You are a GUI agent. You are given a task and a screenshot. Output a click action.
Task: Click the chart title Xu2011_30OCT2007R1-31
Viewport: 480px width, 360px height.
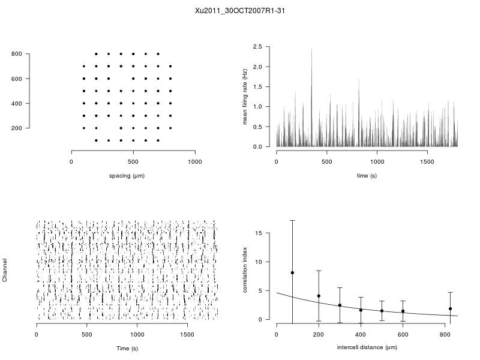(x=239, y=10)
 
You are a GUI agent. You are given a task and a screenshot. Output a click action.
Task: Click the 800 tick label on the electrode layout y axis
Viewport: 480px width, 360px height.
(x=17, y=54)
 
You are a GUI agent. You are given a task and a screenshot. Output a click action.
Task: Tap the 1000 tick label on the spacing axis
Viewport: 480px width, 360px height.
(x=195, y=161)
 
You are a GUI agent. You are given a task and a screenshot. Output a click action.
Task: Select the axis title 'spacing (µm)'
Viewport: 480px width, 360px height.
(x=127, y=176)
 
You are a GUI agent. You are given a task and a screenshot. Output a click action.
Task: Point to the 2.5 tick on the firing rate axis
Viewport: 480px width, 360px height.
(x=259, y=46)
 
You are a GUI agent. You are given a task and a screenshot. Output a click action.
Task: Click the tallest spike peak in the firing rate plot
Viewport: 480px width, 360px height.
(x=311, y=49)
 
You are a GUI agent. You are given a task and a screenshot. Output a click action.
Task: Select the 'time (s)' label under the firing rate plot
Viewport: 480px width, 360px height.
(x=367, y=176)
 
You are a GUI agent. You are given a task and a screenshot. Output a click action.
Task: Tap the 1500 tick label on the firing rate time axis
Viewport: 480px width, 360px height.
(x=427, y=161)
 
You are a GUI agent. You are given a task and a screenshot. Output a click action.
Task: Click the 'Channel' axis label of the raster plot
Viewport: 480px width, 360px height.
(x=5, y=271)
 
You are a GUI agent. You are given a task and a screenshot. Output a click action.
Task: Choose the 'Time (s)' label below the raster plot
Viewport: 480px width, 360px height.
(x=127, y=348)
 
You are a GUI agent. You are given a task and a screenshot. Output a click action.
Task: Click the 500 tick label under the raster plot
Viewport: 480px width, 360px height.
(x=87, y=334)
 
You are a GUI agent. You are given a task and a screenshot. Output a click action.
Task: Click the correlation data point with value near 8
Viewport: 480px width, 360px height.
(x=292, y=272)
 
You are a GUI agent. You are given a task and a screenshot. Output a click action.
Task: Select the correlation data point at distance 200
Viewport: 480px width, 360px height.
(x=319, y=296)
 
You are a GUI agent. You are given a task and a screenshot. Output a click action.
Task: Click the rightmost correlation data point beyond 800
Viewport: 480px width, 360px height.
(x=450, y=308)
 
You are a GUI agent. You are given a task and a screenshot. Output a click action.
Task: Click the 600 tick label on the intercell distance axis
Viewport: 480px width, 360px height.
(x=403, y=334)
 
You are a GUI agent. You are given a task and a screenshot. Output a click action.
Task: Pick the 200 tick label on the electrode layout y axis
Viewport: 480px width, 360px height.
(x=17, y=128)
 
